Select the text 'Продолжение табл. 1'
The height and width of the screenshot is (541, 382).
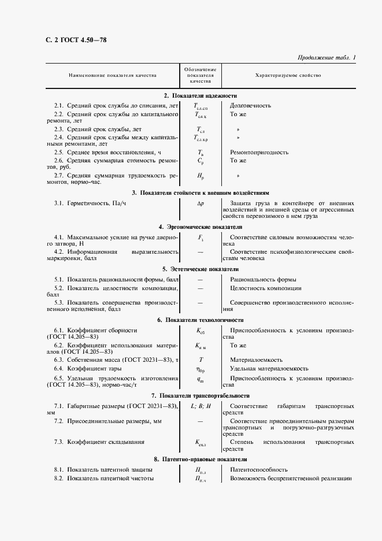pos(327,58)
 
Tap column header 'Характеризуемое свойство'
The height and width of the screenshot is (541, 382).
pos(287,76)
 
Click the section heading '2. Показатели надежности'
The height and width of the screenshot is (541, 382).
pos(200,95)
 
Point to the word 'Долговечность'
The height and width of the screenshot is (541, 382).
pos(250,106)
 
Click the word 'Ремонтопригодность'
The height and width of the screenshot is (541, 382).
pos(259,152)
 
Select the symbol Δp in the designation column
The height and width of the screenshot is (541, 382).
pos(201,203)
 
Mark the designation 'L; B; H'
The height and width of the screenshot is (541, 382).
pos(201,406)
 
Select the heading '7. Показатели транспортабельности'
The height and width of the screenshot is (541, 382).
pos(200,396)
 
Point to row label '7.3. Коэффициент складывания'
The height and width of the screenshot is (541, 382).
pos(99,442)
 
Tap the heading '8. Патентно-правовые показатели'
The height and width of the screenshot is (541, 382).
pos(200,459)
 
